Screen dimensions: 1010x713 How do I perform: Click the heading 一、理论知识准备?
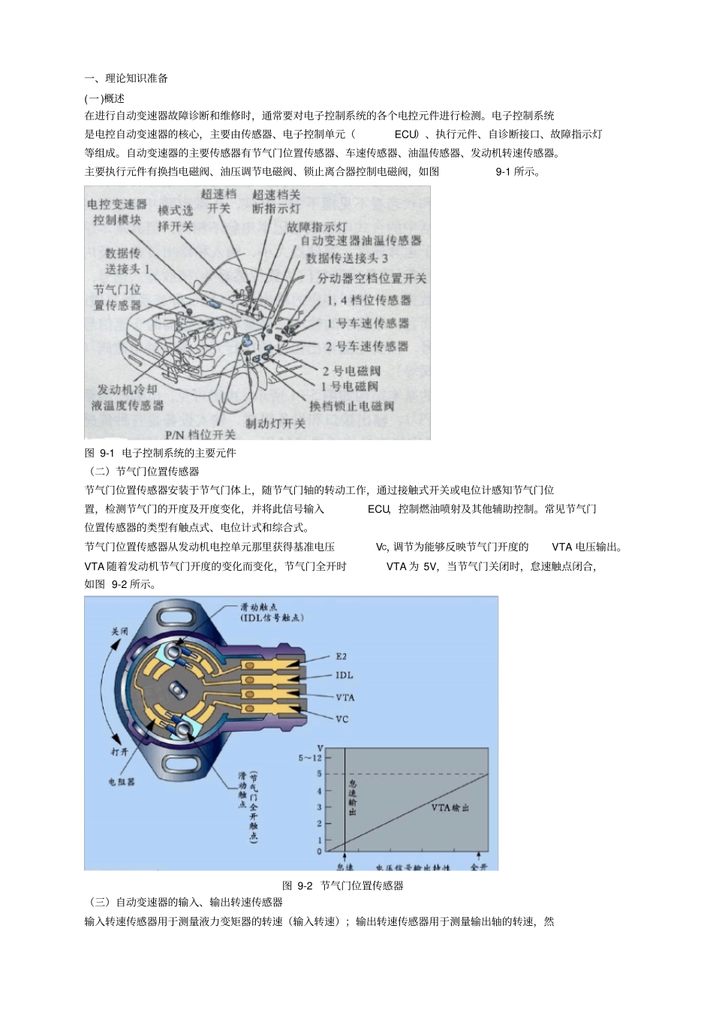point(126,78)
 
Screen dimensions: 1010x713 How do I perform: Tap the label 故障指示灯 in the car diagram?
point(317,226)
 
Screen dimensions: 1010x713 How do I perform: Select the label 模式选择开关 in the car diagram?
point(176,218)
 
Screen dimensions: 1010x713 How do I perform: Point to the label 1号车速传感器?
point(367,323)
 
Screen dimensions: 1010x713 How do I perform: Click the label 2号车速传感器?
point(366,346)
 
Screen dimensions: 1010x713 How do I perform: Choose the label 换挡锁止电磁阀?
point(352,406)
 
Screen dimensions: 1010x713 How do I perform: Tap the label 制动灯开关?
point(275,423)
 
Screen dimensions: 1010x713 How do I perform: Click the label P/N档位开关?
point(200,434)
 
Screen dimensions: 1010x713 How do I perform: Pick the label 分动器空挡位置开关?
point(372,279)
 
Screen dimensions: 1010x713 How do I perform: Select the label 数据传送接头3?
point(347,258)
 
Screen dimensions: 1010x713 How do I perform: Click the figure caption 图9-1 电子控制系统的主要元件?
point(161,453)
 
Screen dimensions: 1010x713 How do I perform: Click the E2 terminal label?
point(341,656)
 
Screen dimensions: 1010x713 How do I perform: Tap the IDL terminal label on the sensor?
point(344,676)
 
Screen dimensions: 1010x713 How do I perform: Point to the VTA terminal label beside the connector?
point(345,698)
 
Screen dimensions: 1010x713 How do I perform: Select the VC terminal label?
point(342,719)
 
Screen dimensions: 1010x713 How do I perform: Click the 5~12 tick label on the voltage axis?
point(310,758)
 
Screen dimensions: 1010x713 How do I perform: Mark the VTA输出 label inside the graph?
point(450,808)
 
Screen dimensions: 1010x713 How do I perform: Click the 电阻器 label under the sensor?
point(122,782)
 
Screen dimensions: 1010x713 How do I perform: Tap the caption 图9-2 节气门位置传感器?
point(343,885)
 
